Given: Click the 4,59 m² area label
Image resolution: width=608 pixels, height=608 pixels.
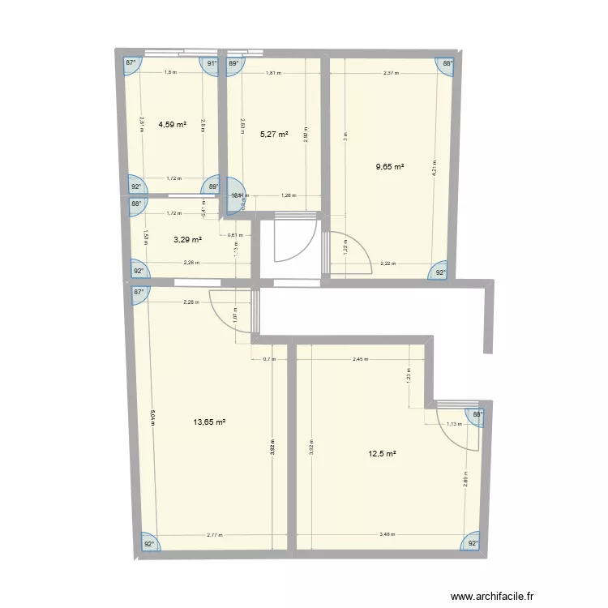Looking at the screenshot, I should (172, 125).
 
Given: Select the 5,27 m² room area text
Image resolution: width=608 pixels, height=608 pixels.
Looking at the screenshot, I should (274, 135).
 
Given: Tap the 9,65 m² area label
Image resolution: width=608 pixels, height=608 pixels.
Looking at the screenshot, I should (390, 167).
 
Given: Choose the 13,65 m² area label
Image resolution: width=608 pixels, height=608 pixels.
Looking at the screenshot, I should (208, 422).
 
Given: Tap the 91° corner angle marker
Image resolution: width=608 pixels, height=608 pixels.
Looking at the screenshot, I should (212, 63).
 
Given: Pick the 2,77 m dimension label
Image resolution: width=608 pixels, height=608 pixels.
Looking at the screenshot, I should (215, 535).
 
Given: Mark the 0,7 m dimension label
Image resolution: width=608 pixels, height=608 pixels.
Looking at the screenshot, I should (268, 360).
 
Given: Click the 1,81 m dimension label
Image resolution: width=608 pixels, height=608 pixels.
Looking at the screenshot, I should (273, 73).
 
